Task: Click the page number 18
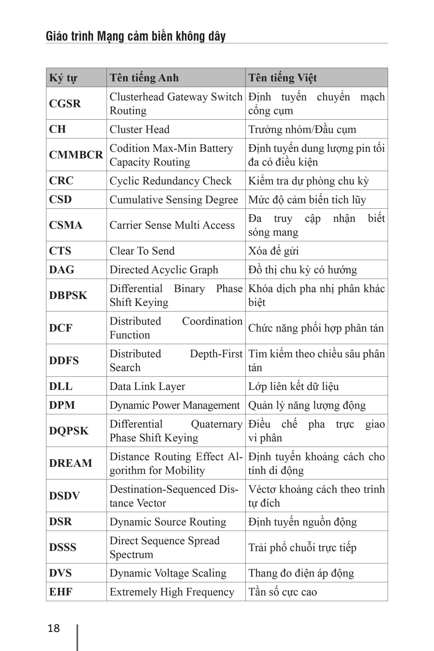pos(54,628)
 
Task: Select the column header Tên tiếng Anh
pos(144,78)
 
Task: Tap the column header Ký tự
pos(63,78)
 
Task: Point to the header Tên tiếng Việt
pos(282,78)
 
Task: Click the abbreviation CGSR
pos(65,103)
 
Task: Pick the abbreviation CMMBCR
pos(76,155)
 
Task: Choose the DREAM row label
pos(71,463)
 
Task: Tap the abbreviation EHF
pos(61,592)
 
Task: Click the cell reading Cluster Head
pos(140,129)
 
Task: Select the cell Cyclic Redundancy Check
pos(171,181)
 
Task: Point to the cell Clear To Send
pos(142,251)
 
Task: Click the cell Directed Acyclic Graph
pos(164,270)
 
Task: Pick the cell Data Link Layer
pos(147,386)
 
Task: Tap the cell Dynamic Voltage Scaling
pos(168,573)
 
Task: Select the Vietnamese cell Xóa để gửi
pos(274,251)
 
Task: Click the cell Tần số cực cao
pos(282,592)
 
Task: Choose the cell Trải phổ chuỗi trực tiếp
pos(302,548)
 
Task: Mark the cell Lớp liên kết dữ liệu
pos(293,386)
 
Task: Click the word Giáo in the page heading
pos(56,36)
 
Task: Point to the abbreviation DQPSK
pos(69,431)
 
